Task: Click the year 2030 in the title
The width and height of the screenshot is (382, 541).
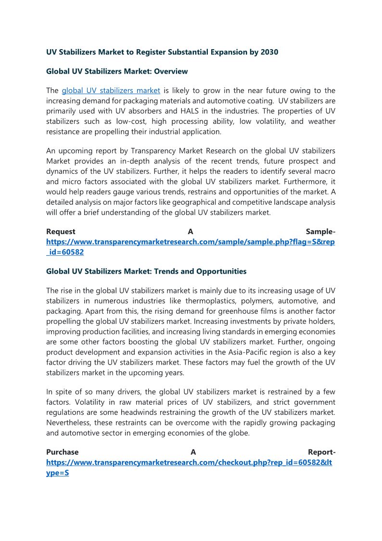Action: [268, 52]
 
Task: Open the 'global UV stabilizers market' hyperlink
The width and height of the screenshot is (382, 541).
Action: [111, 91]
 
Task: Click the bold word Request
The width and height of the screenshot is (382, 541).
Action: [61, 232]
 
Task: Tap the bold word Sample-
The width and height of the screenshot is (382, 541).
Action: [320, 232]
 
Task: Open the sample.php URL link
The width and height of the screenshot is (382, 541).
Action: [190, 242]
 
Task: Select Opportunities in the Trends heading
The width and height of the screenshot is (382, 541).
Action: [221, 272]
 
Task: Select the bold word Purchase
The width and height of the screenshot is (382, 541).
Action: [62, 452]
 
